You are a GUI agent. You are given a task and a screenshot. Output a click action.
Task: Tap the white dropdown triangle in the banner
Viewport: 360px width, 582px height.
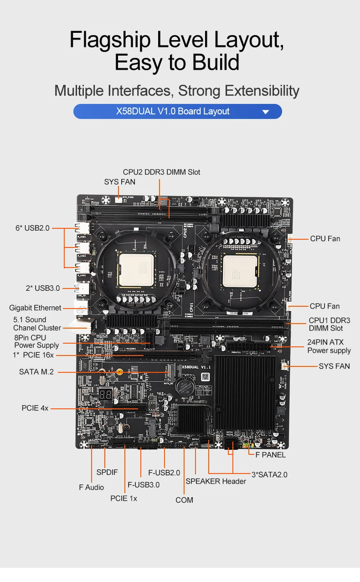(266, 112)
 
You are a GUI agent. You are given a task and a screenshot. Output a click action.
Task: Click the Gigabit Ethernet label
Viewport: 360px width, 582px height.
(35, 308)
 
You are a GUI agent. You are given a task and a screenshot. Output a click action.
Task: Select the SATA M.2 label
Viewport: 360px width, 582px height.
(36, 372)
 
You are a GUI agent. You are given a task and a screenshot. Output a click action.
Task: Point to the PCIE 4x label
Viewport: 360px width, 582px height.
(35, 408)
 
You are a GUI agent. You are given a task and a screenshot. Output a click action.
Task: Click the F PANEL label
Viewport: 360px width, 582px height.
(270, 455)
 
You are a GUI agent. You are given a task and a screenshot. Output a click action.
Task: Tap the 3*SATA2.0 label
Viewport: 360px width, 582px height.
(269, 474)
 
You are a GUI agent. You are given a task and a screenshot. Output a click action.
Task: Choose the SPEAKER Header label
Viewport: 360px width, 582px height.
(216, 481)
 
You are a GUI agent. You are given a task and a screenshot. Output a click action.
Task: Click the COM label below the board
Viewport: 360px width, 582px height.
(184, 500)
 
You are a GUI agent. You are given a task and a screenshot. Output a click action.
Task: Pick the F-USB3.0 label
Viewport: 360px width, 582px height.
(144, 485)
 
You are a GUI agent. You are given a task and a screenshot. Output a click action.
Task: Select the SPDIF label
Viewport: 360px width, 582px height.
(107, 472)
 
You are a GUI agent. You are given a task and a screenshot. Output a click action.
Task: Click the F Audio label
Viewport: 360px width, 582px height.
(91, 488)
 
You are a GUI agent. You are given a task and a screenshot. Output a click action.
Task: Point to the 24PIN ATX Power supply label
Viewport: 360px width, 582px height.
(329, 346)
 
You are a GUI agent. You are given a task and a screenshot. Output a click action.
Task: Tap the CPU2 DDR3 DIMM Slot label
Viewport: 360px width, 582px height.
(161, 172)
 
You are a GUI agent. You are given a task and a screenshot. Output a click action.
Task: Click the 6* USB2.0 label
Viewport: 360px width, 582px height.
(32, 228)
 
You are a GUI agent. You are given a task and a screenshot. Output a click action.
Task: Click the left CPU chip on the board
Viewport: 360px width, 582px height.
(136, 270)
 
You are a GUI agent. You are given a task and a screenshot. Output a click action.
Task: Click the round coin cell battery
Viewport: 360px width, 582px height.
(186, 386)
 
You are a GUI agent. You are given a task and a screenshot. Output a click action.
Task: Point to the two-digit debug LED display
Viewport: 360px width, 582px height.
(106, 395)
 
